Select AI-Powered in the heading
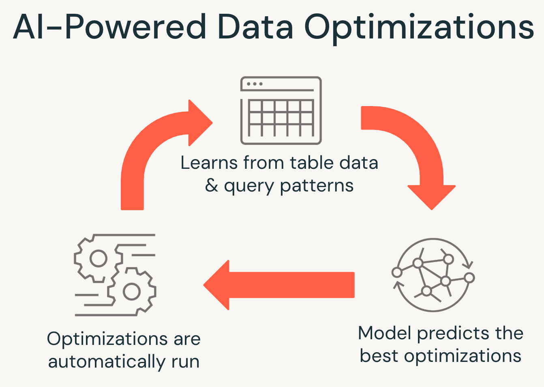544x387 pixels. tap(110, 28)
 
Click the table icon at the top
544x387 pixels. tap(281, 111)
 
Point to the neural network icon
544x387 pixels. tap(433, 275)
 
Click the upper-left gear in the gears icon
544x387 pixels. tap(98, 258)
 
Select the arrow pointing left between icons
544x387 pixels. tap(279, 285)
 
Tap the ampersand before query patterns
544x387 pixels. tap(212, 186)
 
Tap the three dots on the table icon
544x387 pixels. tap(255, 84)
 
